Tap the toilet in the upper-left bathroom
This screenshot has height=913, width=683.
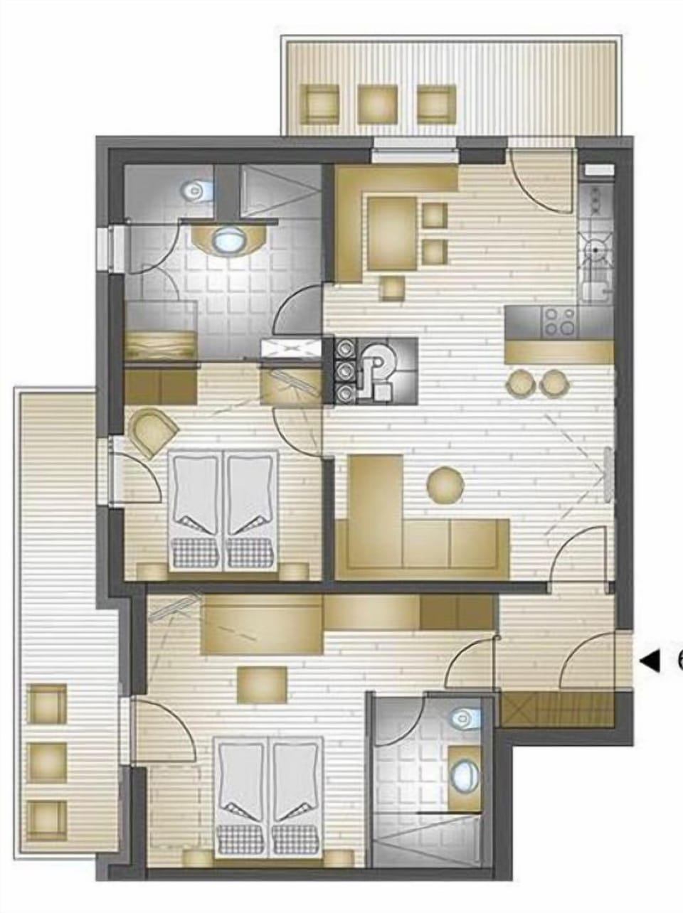pos(193,190)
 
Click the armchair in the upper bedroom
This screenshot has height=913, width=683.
pos(153,431)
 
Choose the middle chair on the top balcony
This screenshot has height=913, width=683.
pos(377,103)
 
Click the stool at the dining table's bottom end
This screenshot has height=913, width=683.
pos(392,288)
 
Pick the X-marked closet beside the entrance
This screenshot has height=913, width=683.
pos(557,710)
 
